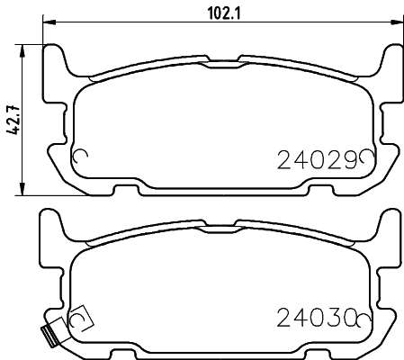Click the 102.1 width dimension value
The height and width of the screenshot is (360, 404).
click(x=224, y=13)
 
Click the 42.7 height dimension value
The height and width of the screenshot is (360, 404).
click(x=13, y=120)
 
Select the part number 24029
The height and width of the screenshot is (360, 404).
click(x=319, y=160)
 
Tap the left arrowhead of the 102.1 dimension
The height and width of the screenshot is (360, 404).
click(x=49, y=22)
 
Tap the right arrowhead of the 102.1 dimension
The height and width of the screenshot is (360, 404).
click(x=397, y=22)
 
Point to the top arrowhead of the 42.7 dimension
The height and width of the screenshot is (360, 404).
click(x=22, y=51)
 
